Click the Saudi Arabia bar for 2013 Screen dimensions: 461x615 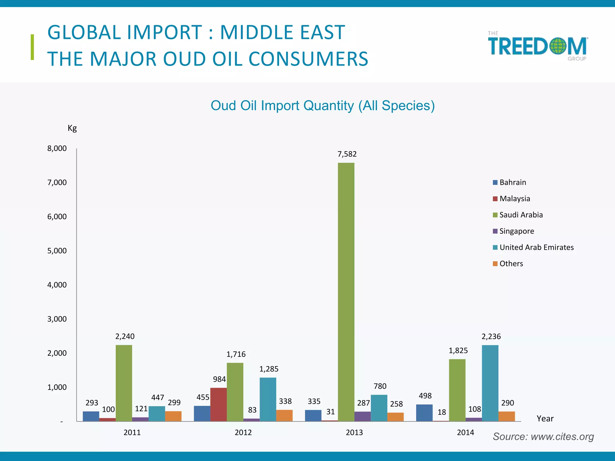346,291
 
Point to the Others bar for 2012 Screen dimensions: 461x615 284,415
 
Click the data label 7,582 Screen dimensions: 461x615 347,154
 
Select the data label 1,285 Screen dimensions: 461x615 269,369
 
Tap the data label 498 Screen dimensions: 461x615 425,396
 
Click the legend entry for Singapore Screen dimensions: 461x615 517,231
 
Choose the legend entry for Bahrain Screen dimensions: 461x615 513,182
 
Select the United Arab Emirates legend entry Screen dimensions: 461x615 536,247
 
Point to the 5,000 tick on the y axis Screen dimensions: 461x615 57,251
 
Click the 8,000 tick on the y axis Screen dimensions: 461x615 57,148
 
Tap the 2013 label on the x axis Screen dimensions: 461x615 354,432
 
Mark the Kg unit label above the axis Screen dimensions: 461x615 72,128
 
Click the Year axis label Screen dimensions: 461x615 545,418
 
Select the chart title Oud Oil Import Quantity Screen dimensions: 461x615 323,106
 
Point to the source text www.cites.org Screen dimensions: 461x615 543,436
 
